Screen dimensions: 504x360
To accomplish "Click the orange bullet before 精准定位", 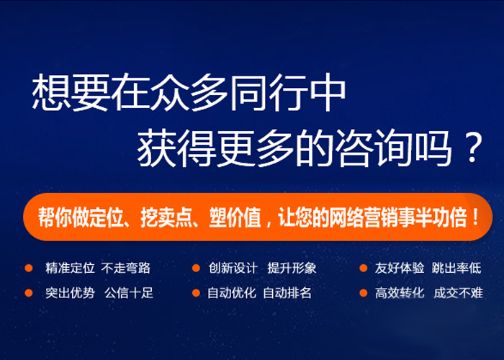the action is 29,268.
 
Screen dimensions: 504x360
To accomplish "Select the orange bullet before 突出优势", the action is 29,293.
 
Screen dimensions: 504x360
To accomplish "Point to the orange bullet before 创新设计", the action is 196,268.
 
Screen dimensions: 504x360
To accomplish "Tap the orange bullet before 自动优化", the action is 196,293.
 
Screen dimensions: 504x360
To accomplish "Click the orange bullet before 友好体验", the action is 363,268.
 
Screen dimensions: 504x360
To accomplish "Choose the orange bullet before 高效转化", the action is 363,293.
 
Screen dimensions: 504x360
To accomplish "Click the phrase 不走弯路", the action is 126,268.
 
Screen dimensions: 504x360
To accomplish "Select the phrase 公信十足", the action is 129,293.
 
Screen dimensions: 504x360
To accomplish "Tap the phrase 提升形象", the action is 292,268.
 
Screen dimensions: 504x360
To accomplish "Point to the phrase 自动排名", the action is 287,293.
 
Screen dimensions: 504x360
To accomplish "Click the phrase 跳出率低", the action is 456,268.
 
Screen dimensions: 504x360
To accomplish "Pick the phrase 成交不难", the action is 459,293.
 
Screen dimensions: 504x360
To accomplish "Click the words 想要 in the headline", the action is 70,93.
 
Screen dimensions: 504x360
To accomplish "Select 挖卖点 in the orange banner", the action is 166,217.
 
